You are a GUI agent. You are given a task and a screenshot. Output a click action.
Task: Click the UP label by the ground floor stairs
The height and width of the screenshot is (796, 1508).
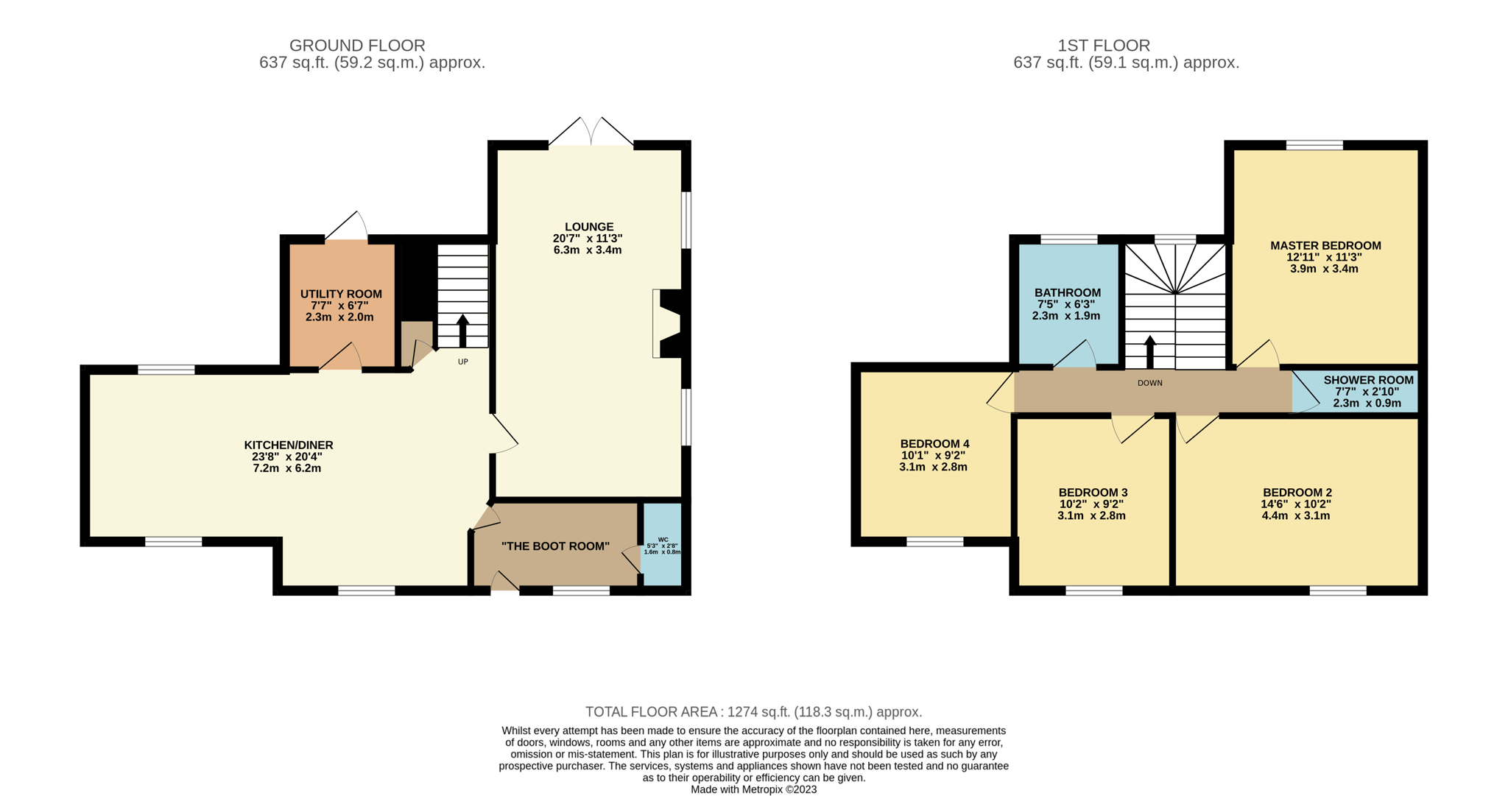[463, 362]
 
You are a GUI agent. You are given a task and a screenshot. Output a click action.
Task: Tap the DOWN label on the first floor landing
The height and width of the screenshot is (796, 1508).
[1150, 383]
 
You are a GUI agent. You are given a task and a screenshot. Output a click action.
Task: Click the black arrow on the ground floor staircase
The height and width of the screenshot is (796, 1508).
[463, 331]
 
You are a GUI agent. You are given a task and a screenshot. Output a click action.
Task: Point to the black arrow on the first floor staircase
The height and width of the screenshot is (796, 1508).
[1150, 353]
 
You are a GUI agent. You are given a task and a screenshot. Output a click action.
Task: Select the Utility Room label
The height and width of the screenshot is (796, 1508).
[341, 294]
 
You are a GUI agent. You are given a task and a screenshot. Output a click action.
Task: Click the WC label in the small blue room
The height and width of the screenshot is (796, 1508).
[663, 540]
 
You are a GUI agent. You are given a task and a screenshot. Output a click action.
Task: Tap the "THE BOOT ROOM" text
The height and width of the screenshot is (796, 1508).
[555, 546]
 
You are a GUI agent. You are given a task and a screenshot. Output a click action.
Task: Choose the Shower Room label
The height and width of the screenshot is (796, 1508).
[1369, 380]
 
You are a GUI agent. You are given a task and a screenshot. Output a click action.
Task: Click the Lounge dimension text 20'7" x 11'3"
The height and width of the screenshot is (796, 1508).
[588, 239]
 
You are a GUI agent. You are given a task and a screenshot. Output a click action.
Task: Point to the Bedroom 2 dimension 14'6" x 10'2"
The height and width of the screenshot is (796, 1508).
[1296, 504]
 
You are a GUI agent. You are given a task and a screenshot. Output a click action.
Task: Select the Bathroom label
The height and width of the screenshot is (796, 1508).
[1068, 292]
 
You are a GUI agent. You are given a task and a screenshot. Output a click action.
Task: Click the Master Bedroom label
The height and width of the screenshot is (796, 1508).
[1325, 246]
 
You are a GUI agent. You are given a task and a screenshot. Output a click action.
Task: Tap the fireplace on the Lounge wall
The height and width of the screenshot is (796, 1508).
[667, 323]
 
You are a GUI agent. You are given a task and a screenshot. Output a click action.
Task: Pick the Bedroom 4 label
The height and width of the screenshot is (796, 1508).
[934, 444]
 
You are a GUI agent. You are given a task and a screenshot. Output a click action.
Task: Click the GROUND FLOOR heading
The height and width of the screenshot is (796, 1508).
[357, 46]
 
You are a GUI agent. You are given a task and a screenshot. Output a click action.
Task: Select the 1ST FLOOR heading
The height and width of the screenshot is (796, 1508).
[1104, 46]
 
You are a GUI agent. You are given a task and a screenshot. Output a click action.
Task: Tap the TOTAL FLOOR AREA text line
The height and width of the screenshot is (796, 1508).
[754, 712]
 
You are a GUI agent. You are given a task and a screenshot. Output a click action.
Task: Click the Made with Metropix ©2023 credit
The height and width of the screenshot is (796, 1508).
[754, 789]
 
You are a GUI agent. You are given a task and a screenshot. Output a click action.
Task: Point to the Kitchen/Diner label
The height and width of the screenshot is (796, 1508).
[289, 445]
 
